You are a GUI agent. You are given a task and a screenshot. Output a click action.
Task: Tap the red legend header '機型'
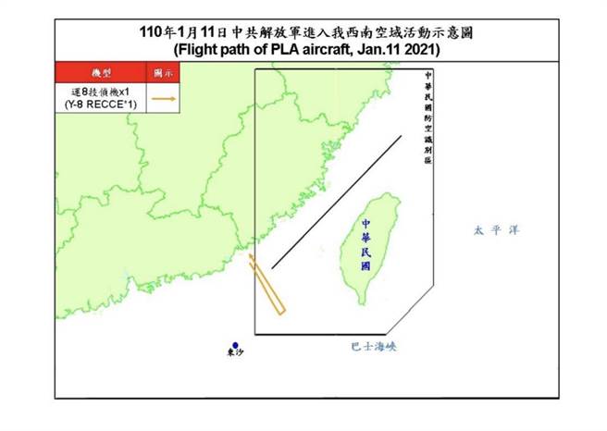(101, 72)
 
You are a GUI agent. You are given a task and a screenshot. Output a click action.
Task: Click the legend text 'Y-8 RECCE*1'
(101, 104)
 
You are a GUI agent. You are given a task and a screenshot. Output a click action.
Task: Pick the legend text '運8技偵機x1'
(101, 91)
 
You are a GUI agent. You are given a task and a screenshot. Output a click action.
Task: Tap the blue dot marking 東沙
(236, 345)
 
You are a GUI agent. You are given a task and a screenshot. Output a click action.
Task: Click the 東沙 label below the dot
(236, 355)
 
